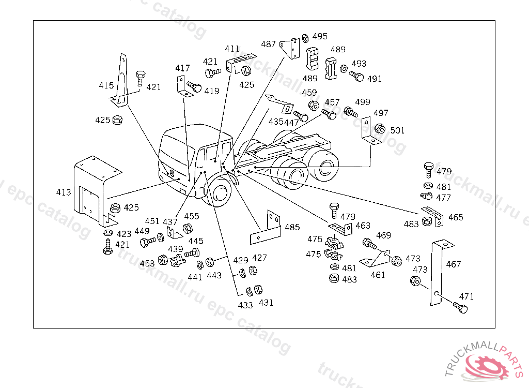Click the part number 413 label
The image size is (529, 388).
pos(64,192)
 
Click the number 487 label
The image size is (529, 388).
pos(268,44)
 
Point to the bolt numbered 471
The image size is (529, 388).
pos(460,308)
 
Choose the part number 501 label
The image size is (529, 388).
pos(397,130)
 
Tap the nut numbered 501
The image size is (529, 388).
pos(380,129)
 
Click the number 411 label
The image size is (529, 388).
pos(232,49)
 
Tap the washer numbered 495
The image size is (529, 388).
pos(305,38)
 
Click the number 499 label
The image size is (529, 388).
pos(363,102)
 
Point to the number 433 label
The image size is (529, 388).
pos(245,305)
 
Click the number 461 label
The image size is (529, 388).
pos(378,275)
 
